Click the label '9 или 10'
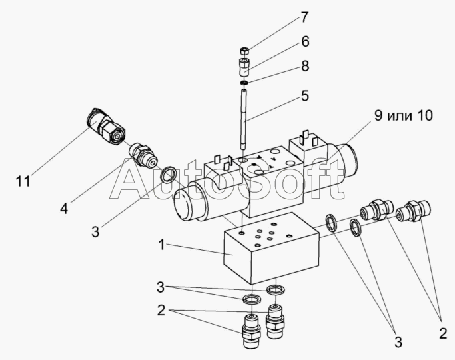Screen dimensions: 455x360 pyautogui.click(x=402, y=115)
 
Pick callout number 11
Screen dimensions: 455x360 pyautogui.click(x=24, y=181)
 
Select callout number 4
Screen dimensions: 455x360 pyautogui.click(x=64, y=208)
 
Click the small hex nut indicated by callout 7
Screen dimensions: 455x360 pyautogui.click(x=244, y=51)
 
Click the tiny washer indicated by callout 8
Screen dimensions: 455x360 pyautogui.click(x=244, y=83)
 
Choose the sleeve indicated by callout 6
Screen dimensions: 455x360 pyautogui.click(x=244, y=67)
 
